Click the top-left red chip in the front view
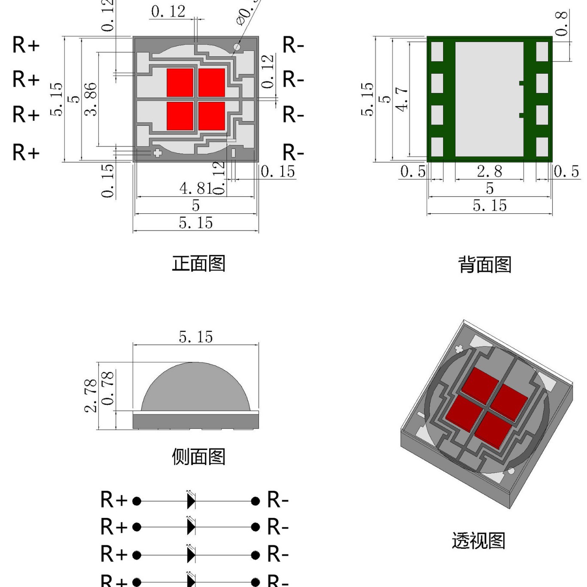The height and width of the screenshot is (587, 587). (180, 82)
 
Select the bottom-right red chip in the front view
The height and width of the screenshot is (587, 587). (212, 116)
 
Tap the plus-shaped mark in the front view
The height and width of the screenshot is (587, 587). (157, 153)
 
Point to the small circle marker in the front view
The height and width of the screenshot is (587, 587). (237, 46)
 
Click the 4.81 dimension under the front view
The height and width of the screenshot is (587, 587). (195, 188)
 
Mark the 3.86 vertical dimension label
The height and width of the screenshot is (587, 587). (91, 99)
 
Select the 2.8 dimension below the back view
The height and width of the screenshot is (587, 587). (489, 171)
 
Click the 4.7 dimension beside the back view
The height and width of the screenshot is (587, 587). (401, 99)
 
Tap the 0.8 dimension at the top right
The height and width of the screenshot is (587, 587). (561, 24)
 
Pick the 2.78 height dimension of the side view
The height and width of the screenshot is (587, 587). (91, 395)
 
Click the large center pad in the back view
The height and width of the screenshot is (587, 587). (489, 99)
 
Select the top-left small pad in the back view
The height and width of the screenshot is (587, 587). (437, 52)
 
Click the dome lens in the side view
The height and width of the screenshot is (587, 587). (195, 389)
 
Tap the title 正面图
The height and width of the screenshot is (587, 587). (198, 263)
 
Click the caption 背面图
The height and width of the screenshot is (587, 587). (485, 265)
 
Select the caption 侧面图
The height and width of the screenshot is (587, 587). (198, 456)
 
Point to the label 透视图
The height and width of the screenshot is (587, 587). (478, 541)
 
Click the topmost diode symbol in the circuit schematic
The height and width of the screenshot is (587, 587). (191, 501)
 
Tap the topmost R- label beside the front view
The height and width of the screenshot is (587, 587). (293, 45)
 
